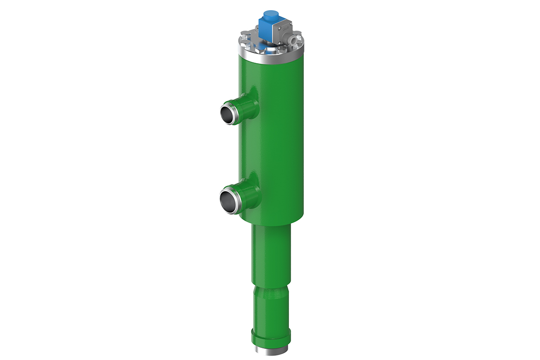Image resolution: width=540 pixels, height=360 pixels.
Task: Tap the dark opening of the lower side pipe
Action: point(227,199)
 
